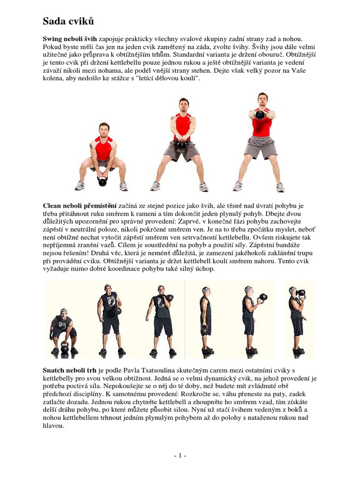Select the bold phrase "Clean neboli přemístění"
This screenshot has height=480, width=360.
click(79, 205)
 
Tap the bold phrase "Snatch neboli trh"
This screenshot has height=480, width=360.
click(70, 371)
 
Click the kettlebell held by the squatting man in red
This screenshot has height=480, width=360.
click(103, 180)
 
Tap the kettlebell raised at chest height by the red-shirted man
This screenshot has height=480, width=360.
click(260, 114)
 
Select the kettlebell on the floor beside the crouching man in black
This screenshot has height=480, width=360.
click(64, 348)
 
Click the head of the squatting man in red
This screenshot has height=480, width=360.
click(104, 128)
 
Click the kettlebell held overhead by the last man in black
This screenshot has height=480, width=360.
click(300, 293)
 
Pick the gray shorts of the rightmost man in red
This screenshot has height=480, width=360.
click(260, 147)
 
